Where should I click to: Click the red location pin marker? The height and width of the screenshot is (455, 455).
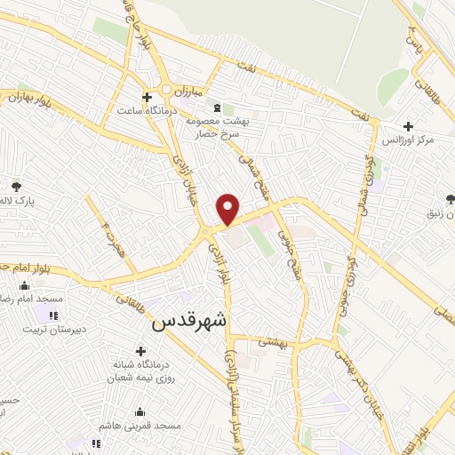228,208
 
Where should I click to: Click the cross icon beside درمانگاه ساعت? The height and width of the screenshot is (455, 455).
147,97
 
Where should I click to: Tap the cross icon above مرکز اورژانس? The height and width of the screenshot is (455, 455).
408,126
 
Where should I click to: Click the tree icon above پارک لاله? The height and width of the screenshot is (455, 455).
16,186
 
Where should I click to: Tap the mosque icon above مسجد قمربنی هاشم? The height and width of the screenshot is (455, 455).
140,411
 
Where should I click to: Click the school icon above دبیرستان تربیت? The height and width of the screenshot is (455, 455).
54,315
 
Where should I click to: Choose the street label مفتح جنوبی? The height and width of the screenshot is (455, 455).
286,237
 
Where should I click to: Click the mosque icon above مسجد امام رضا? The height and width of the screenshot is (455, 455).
24,284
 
